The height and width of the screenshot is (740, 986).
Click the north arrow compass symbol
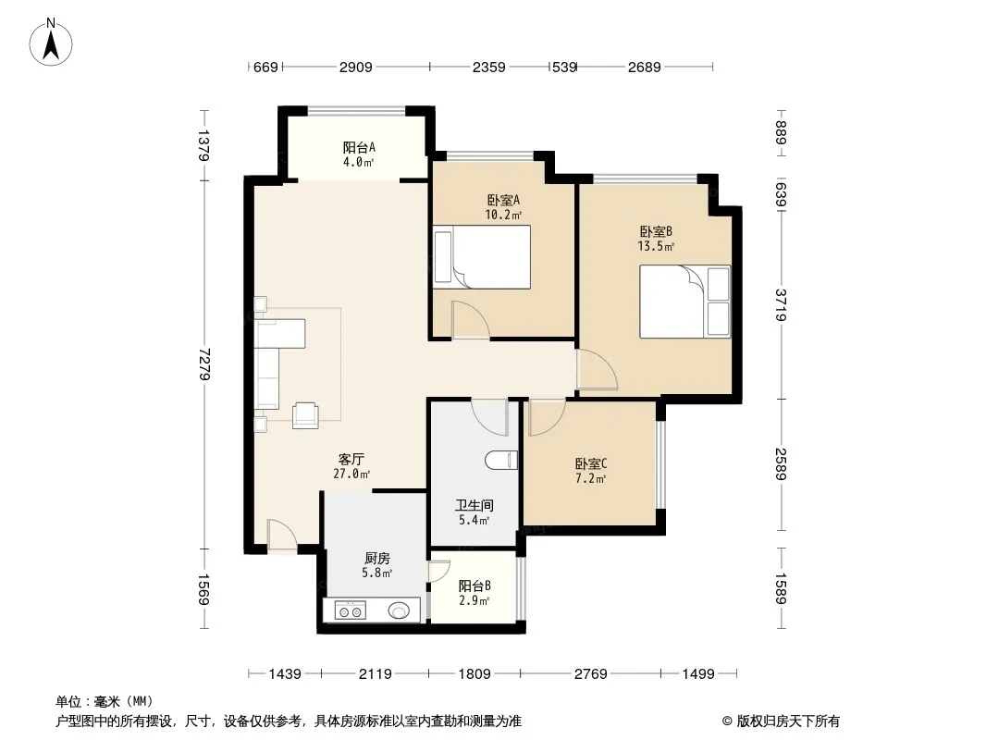[50, 43]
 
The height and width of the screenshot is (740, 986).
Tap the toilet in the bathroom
[502, 461]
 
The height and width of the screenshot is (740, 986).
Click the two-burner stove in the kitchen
[351, 610]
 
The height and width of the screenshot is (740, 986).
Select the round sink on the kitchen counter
[399, 610]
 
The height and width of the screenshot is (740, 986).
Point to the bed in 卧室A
[482, 257]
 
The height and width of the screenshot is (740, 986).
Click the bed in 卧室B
[684, 302]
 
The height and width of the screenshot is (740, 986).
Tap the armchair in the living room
[305, 415]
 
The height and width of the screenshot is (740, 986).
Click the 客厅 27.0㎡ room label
[351, 466]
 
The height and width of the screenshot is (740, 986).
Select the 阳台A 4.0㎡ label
[359, 154]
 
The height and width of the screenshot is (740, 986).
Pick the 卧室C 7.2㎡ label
[590, 471]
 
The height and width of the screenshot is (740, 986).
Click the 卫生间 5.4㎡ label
[475, 512]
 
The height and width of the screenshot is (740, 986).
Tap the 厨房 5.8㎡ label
[376, 565]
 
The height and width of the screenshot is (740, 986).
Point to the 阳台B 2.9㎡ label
[475, 593]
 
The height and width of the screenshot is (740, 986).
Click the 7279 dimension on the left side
[204, 364]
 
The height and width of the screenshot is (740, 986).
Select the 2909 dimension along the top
[356, 67]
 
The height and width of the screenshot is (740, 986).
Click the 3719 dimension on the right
[781, 304]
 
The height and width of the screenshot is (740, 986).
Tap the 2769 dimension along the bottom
[590, 674]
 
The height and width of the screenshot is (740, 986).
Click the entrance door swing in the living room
[282, 535]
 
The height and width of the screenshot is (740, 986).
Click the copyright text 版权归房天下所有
[788, 721]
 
